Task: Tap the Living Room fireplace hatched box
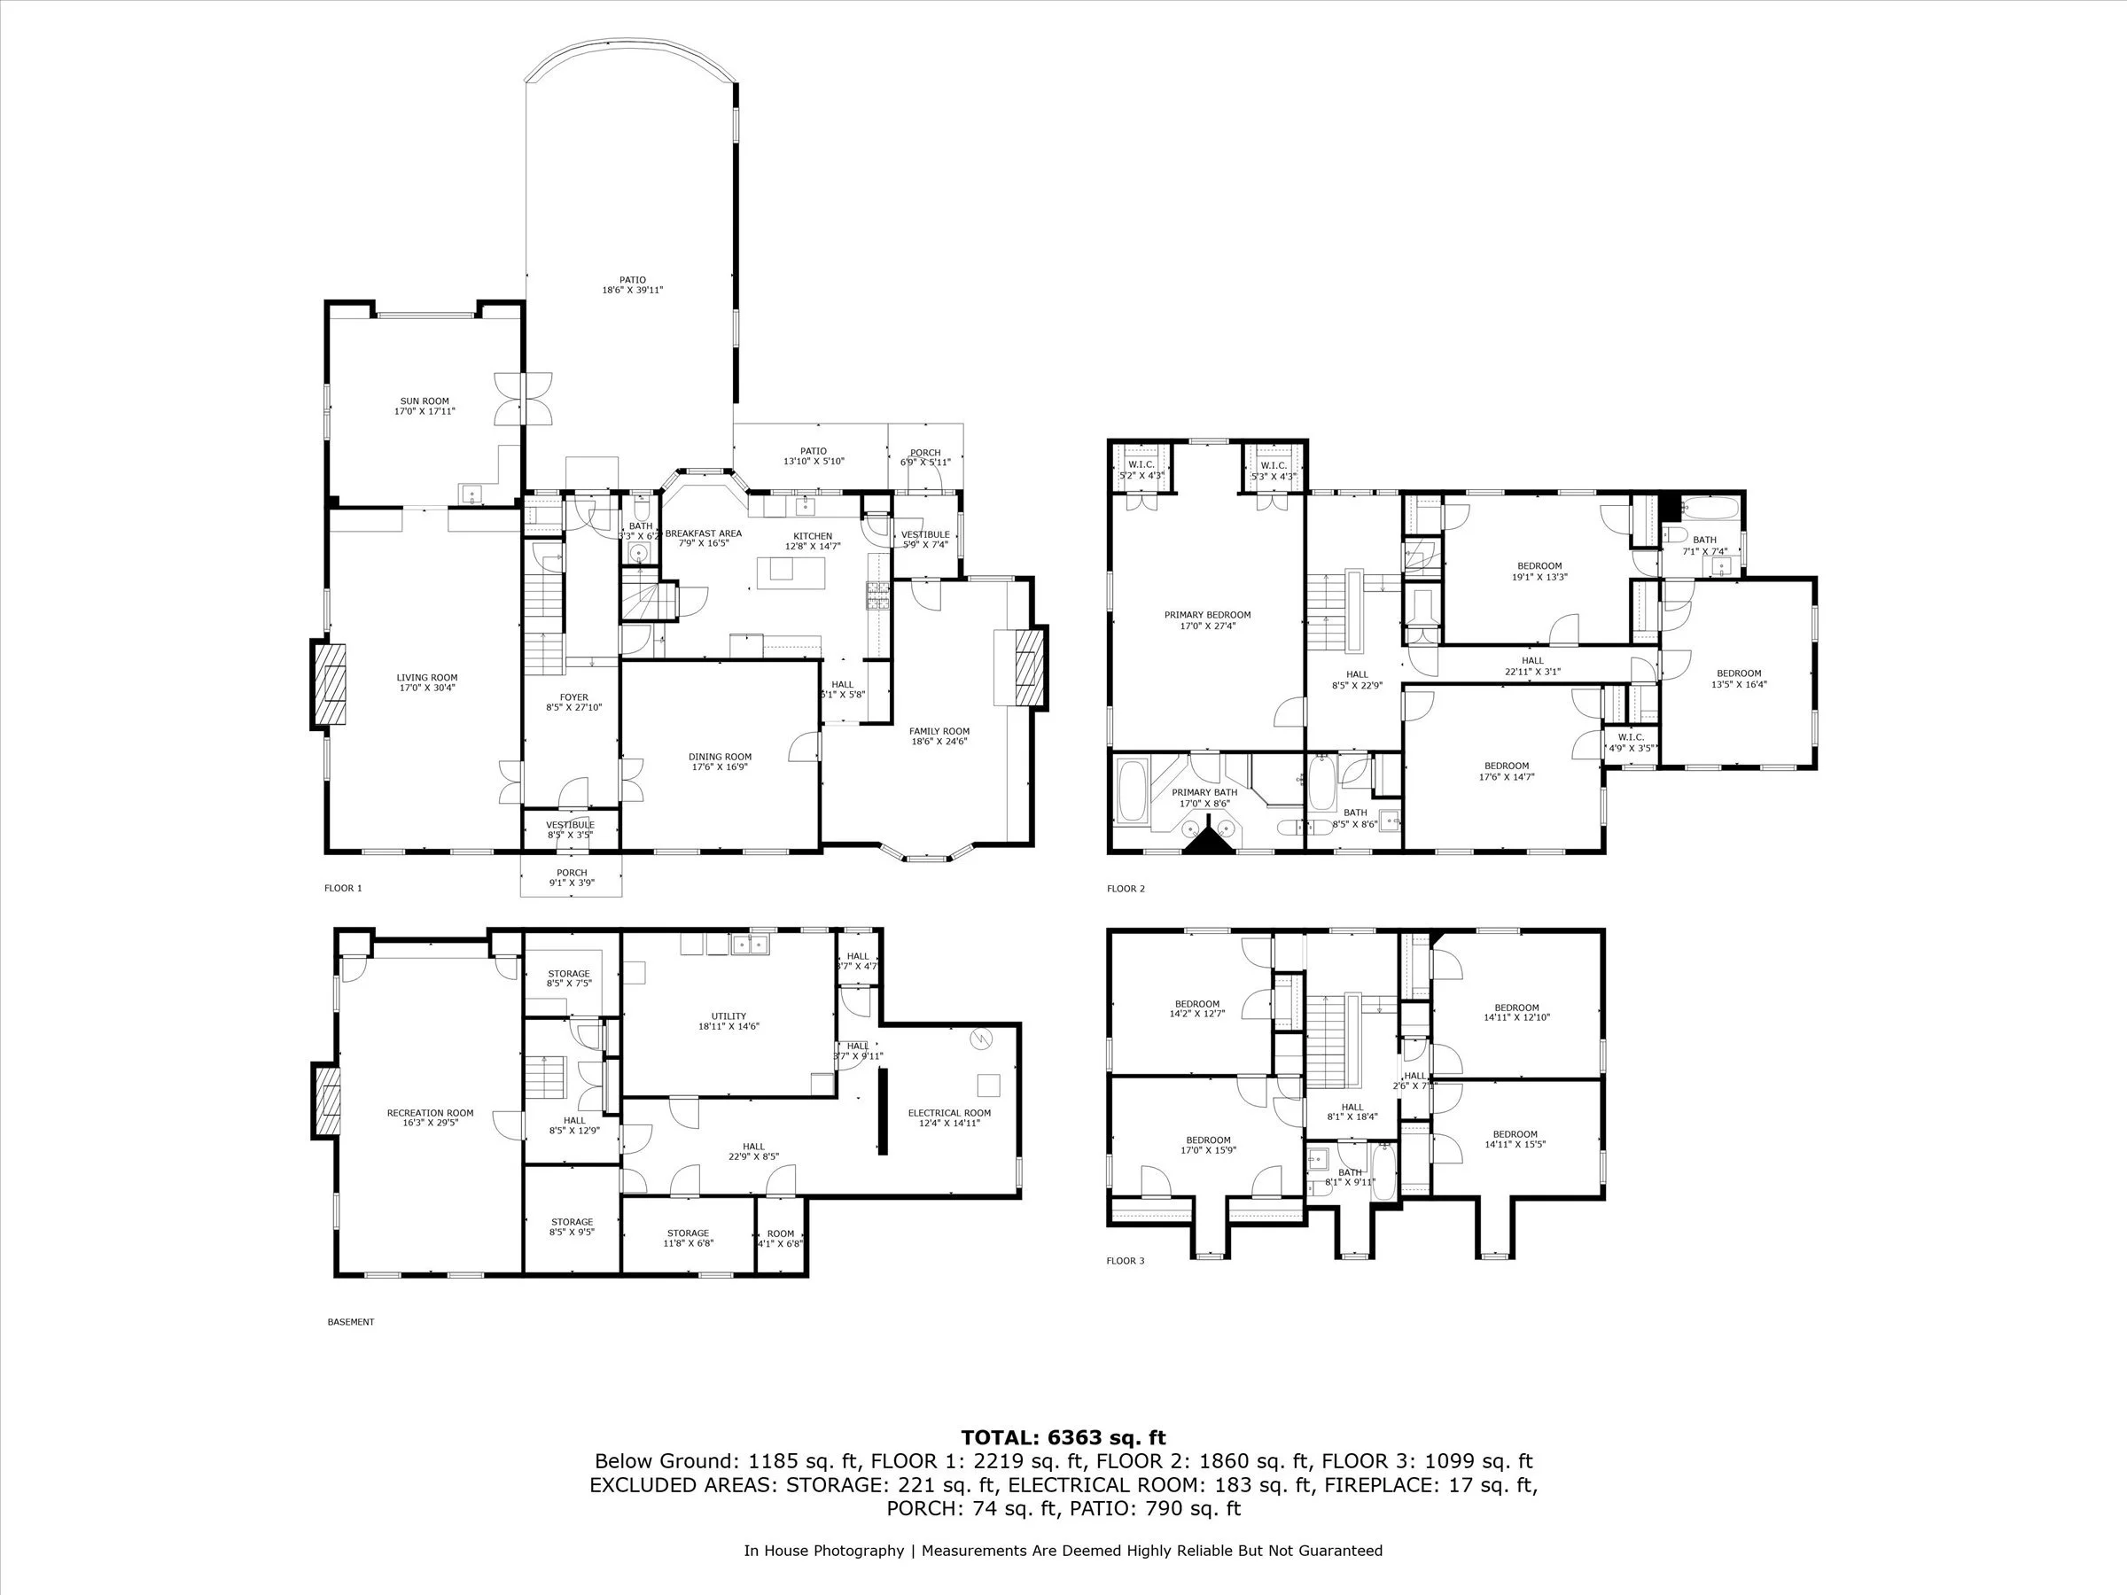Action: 331,683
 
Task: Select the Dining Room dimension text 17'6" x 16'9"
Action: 720,767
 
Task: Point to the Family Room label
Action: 939,732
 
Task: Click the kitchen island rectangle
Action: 781,569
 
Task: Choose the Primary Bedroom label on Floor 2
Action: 1207,615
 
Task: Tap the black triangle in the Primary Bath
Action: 1206,842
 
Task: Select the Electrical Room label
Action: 948,1113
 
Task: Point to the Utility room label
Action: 728,1016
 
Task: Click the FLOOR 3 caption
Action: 1125,1260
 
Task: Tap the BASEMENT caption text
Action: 350,1322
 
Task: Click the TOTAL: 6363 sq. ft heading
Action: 1063,1438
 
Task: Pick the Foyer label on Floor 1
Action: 574,698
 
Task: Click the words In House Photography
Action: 823,1551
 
